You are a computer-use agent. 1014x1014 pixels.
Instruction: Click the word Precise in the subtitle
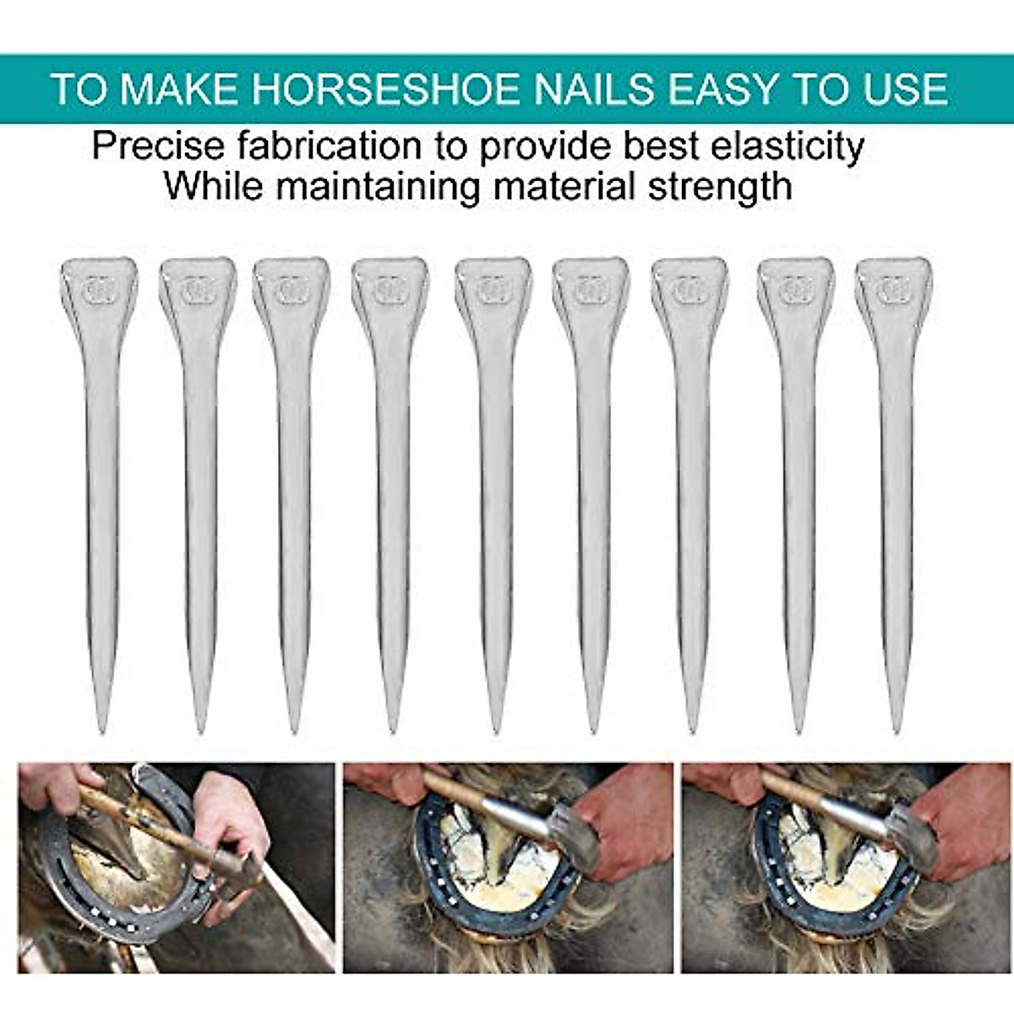tap(158, 146)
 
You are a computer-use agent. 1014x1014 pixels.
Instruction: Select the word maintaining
tap(378, 186)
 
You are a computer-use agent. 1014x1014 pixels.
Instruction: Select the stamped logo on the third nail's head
tap(291, 290)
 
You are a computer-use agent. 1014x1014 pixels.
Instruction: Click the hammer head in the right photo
tap(913, 832)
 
